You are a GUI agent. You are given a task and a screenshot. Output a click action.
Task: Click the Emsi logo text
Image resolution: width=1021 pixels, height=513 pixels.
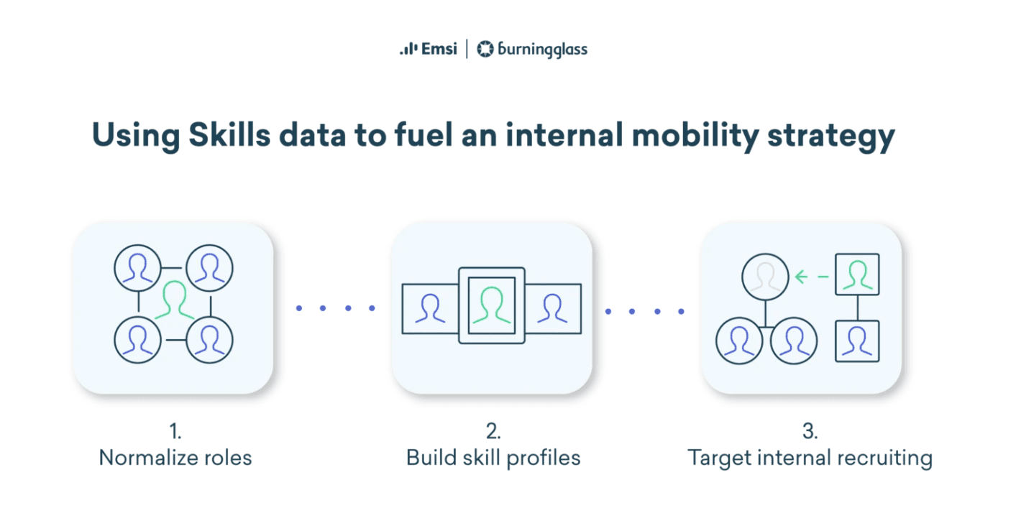(x=439, y=49)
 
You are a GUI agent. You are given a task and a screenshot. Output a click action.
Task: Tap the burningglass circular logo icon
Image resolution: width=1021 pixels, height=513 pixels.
(x=485, y=49)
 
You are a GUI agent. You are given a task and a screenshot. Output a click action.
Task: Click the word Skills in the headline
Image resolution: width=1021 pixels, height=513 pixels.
(x=230, y=135)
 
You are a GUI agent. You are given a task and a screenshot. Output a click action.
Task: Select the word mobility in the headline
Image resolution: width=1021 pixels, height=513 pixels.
(x=695, y=135)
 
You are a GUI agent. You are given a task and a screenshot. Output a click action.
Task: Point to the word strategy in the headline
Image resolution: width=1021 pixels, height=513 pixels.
(x=831, y=137)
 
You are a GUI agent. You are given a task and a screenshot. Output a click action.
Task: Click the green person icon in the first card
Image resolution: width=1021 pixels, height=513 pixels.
(x=174, y=300)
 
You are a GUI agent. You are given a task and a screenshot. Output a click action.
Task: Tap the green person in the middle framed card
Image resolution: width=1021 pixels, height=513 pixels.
(x=492, y=305)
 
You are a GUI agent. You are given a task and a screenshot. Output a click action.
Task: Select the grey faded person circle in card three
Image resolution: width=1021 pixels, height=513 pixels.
(x=765, y=277)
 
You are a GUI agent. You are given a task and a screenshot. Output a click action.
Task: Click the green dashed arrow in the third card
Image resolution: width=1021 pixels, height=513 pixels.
(x=811, y=277)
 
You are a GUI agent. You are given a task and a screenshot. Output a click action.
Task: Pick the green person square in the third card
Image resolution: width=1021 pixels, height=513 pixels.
(x=857, y=274)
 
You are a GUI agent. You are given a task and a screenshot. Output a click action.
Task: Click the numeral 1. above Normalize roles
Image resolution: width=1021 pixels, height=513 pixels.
(x=175, y=431)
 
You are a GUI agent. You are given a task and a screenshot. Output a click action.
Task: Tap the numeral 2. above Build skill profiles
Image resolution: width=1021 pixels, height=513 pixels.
(x=493, y=431)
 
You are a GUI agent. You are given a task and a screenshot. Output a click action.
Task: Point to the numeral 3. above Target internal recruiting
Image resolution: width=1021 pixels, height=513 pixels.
(x=810, y=431)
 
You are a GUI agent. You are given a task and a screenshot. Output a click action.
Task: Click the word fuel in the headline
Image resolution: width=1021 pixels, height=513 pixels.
(x=424, y=135)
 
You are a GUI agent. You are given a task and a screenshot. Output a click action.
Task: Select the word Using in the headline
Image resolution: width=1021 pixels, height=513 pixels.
(x=136, y=137)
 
